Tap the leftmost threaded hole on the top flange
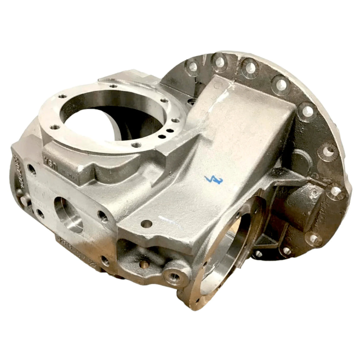(55, 127)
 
